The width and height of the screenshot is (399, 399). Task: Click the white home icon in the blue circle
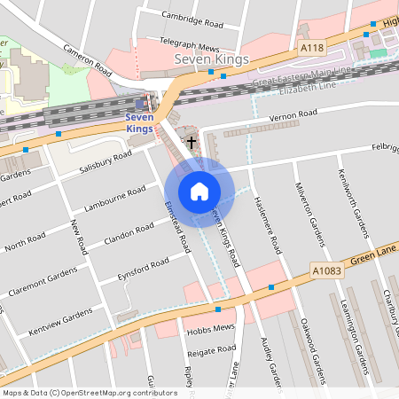pos(199,191)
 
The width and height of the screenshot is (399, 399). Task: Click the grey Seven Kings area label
pos(212,59)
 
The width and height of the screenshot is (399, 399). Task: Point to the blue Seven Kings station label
pos(140,122)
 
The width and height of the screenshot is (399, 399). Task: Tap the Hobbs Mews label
pos(210,328)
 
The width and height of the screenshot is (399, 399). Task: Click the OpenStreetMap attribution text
pos(90,392)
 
